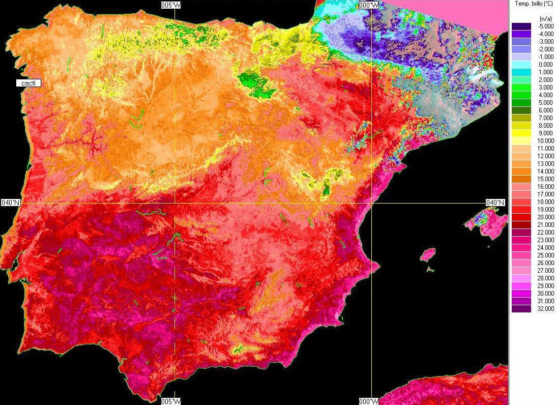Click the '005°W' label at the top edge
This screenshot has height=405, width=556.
[x=170, y=5]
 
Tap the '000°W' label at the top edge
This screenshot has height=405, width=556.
[x=369, y=5]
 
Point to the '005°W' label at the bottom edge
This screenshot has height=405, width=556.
[x=170, y=401]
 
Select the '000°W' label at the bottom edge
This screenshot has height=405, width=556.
[x=369, y=401]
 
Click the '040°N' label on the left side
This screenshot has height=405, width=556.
[x=11, y=202]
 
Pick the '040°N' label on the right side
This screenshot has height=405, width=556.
[x=495, y=202]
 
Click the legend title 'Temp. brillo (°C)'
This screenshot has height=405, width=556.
[x=534, y=4]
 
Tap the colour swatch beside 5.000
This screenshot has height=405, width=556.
[x=521, y=102]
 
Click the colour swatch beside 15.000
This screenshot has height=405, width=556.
[x=521, y=179]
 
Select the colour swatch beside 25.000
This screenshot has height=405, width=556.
[x=521, y=255]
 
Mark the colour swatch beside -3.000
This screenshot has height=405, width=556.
[x=521, y=41]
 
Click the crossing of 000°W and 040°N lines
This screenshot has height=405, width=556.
[x=372, y=203]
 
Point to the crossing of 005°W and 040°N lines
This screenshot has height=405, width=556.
[x=174, y=203]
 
